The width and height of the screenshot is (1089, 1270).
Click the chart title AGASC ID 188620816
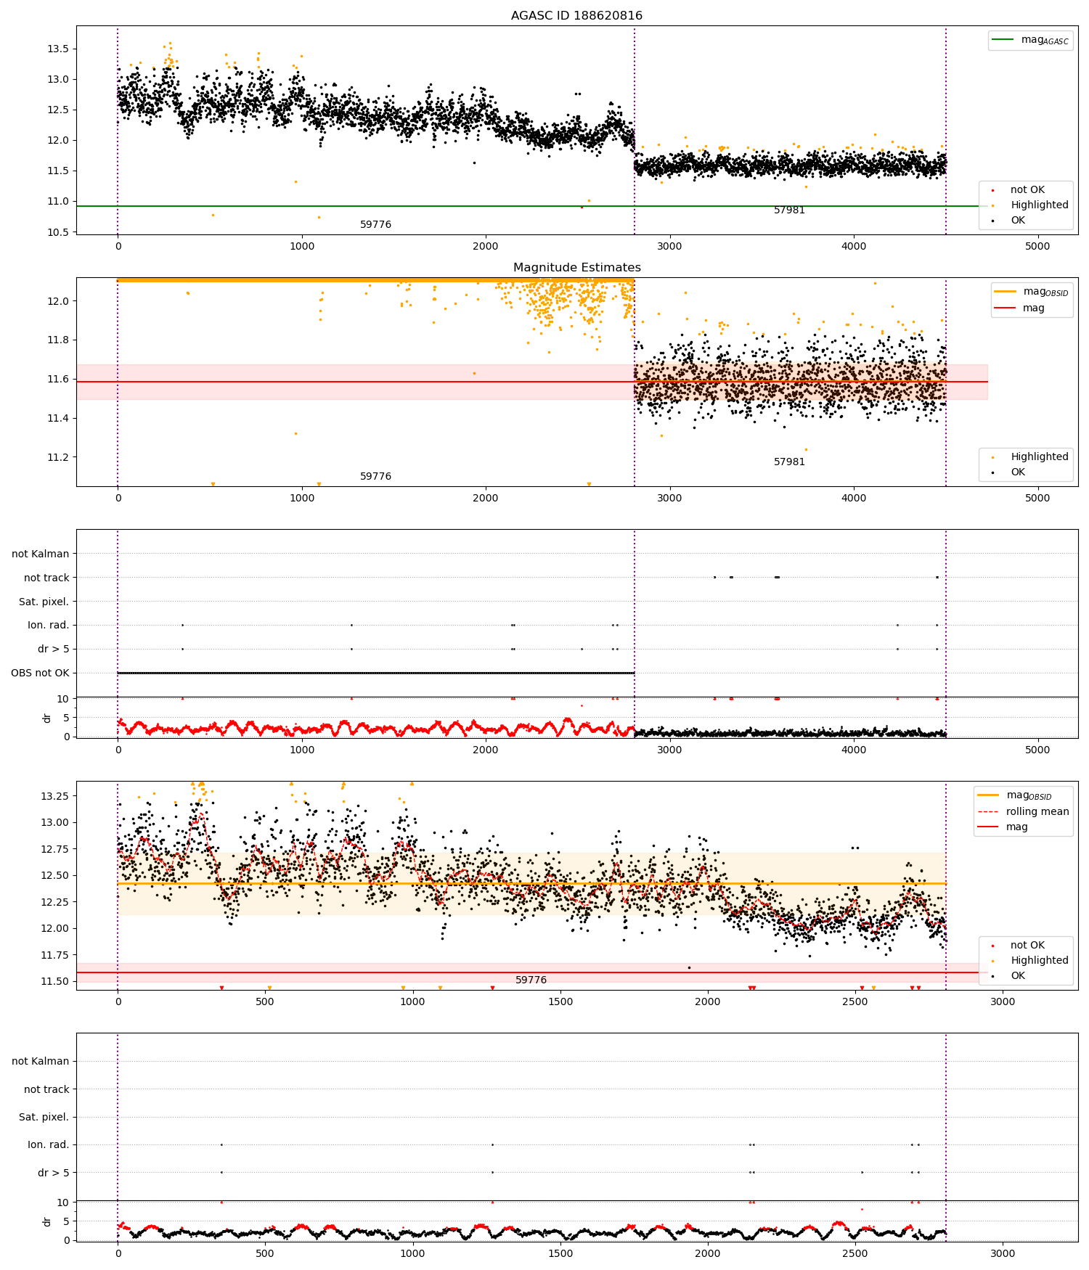point(576,16)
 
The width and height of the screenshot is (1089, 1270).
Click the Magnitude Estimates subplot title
point(576,268)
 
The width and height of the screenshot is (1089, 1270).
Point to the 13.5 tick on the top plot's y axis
point(58,49)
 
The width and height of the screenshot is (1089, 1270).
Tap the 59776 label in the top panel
point(375,225)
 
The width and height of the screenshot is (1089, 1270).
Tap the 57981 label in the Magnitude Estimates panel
point(789,462)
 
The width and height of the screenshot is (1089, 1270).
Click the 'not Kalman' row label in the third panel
point(41,554)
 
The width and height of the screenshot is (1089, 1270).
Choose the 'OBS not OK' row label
point(40,673)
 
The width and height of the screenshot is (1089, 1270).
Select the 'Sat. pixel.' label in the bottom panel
point(44,1117)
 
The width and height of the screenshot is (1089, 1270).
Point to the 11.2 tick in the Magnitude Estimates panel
point(58,457)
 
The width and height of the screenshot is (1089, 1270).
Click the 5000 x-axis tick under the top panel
point(1037,246)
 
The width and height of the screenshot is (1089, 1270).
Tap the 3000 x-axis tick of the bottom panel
point(1003,1253)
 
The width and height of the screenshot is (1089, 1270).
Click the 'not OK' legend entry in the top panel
point(1027,190)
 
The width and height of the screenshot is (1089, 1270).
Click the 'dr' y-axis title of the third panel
point(47,718)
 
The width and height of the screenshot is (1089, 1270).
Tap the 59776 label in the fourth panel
point(531,980)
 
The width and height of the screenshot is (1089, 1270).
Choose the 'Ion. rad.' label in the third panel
point(48,625)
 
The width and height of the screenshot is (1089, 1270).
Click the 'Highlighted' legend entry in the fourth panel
point(1039,960)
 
